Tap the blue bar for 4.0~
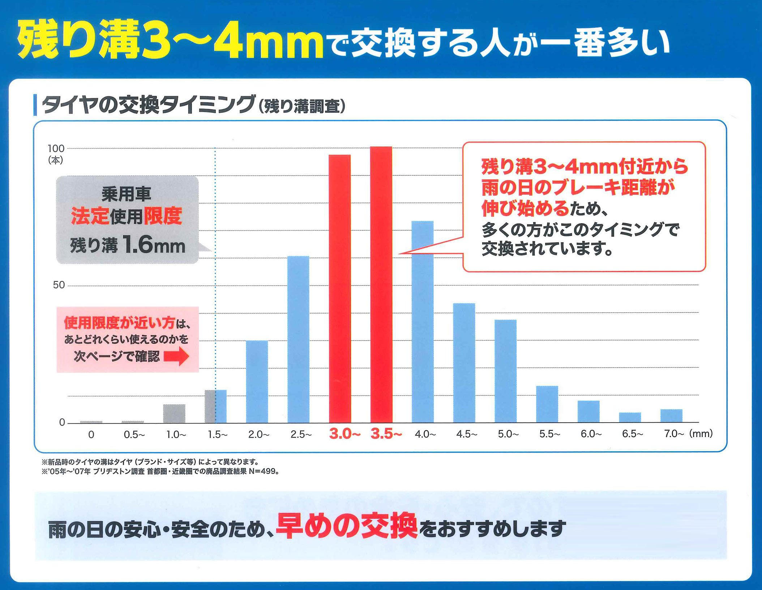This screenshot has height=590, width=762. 423,322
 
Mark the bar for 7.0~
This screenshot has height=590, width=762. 671,415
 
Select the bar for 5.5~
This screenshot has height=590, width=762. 547,404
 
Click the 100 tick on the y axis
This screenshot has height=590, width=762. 56,149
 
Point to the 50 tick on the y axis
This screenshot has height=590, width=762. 59,285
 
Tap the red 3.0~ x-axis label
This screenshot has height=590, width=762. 344,434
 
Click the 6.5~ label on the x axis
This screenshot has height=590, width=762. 632,434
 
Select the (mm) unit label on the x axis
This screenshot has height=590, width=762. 701,433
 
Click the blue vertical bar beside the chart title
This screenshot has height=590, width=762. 35,105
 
